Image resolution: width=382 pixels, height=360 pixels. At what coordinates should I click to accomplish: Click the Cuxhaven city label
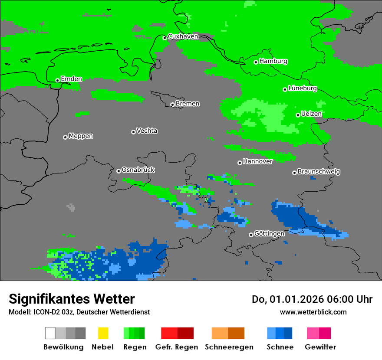point(183,36)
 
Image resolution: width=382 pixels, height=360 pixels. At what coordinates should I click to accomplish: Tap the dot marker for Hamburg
point(256,62)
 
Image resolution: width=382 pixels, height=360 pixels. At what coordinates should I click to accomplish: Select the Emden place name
point(71,79)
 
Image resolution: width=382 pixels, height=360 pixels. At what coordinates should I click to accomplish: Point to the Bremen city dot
point(172,105)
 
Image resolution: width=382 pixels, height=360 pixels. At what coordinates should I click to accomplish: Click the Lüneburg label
point(303,88)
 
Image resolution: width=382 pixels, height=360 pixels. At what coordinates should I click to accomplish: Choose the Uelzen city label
point(311,114)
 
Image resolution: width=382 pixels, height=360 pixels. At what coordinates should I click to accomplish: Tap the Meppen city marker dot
point(65,137)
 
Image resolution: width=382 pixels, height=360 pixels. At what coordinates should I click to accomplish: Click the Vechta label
point(147,131)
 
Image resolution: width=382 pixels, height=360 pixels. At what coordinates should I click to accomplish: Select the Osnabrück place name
point(138,170)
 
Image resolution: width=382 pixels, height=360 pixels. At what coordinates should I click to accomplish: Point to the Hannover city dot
point(240,163)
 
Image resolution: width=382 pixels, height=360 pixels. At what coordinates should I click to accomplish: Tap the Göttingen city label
point(269,234)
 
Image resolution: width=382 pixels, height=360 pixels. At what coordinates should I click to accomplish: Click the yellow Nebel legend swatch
point(103,333)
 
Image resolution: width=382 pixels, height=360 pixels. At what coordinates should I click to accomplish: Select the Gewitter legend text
point(320,347)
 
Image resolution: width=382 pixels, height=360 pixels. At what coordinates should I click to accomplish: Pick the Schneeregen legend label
point(228,347)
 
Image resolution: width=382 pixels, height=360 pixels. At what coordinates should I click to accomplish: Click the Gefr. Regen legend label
point(177,347)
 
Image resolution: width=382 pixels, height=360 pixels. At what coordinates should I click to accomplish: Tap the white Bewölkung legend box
point(50,333)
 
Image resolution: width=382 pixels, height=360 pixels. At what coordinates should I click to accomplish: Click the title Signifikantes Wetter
point(72,299)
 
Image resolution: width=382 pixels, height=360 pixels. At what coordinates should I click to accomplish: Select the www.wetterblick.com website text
point(313,312)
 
